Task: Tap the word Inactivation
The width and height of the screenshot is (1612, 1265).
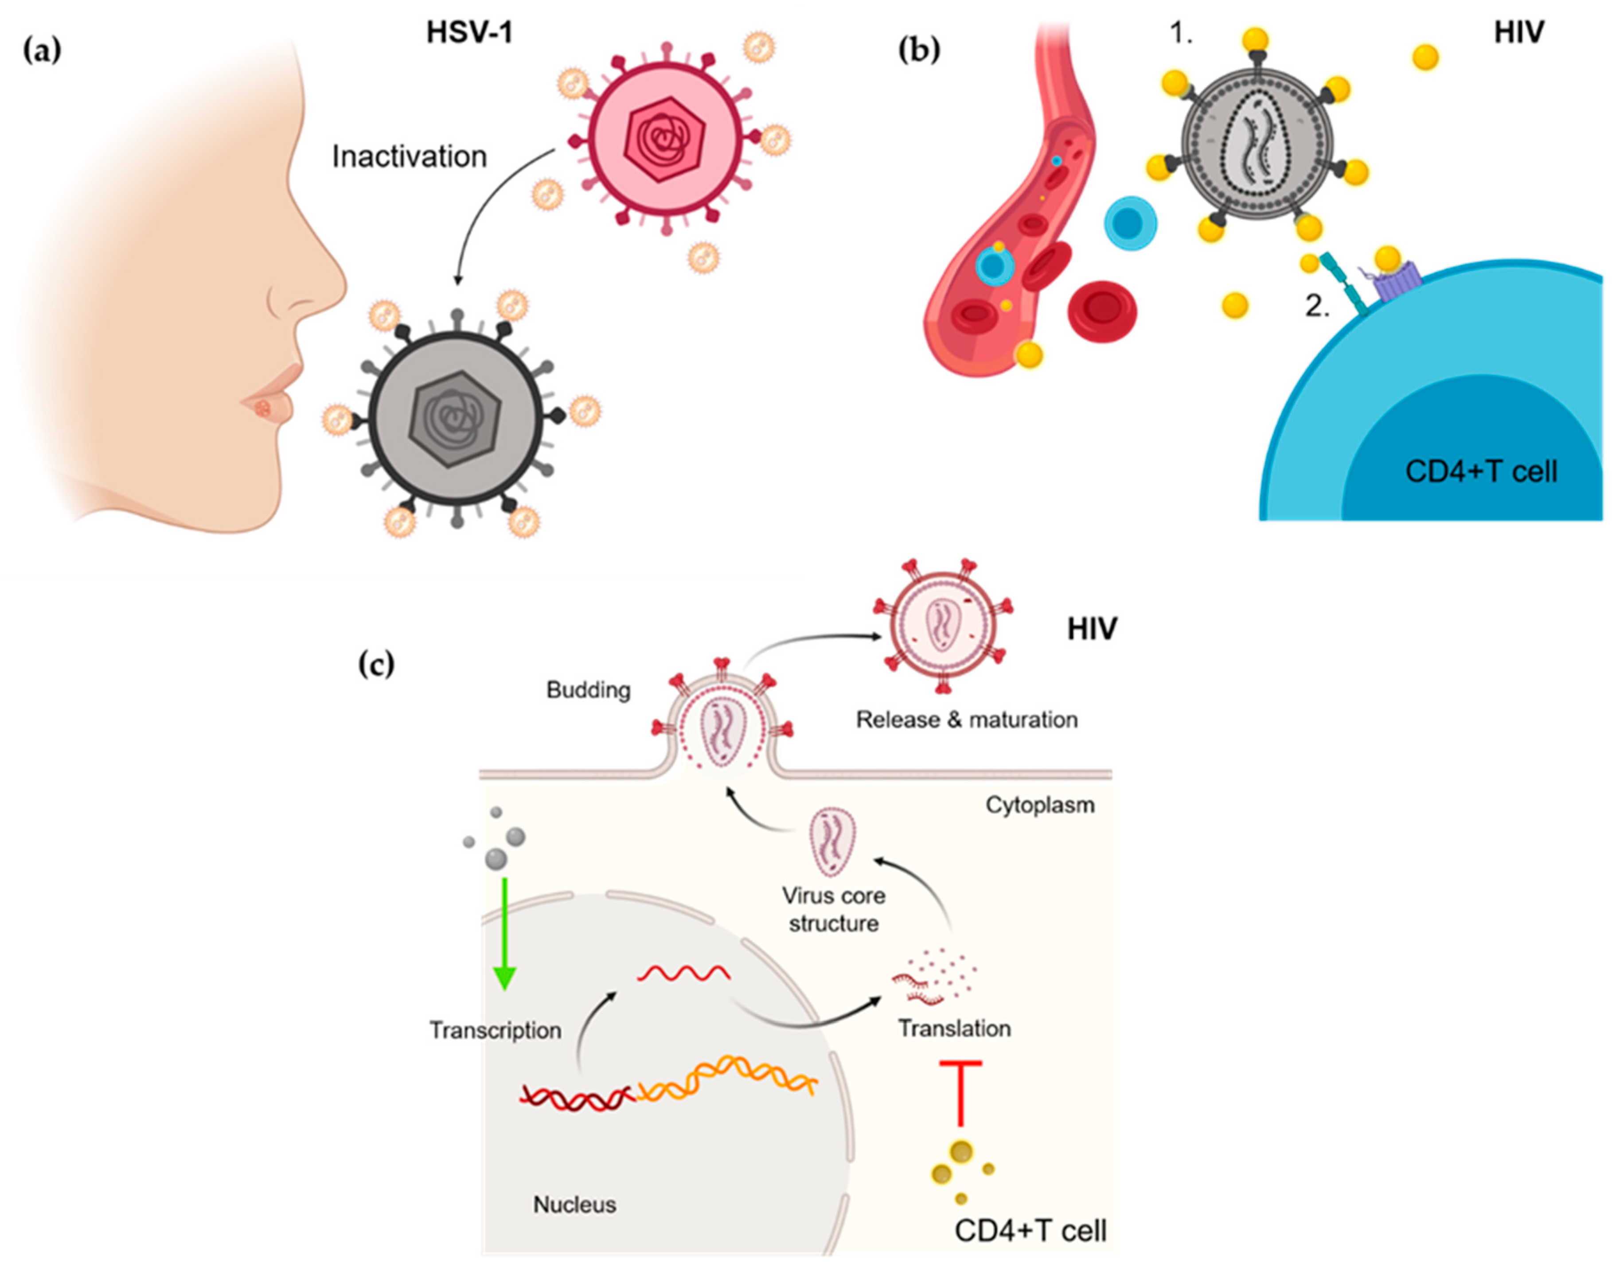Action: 409,157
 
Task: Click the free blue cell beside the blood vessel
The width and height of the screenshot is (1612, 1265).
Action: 1131,222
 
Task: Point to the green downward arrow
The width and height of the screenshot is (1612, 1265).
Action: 504,933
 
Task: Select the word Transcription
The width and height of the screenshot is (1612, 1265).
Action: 495,1030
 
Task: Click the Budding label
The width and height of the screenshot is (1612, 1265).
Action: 588,690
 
